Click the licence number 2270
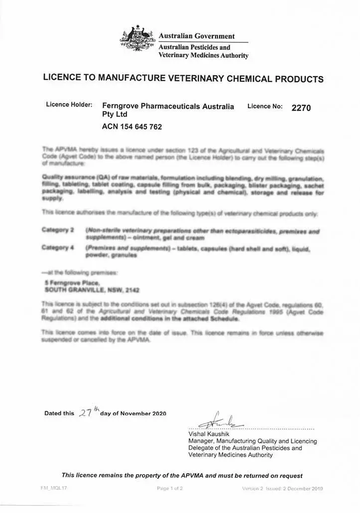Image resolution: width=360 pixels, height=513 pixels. (x=301, y=108)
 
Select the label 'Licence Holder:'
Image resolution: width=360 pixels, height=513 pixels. (x=69, y=105)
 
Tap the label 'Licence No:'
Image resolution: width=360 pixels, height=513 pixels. (x=265, y=106)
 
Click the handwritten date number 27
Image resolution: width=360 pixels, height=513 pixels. (x=85, y=413)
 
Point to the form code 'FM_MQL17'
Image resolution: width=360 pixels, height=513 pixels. (x=54, y=488)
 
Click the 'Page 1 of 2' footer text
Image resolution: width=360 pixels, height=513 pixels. (x=170, y=489)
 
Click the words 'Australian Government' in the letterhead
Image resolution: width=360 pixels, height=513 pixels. (x=196, y=36)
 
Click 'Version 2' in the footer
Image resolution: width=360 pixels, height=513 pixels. (x=252, y=489)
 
